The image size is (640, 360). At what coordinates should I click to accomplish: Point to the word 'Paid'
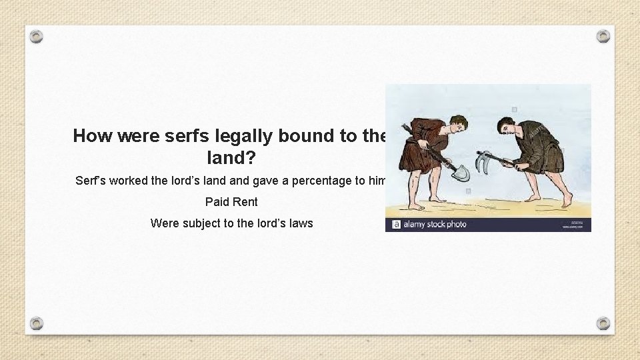(217, 201)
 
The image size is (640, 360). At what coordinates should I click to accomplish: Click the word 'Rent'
(245, 201)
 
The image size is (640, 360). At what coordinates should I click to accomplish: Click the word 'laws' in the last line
(299, 223)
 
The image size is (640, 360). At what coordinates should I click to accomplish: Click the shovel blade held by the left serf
(460, 173)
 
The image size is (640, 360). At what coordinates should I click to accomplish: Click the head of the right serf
(505, 125)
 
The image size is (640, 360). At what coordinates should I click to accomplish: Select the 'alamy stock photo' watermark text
(435, 225)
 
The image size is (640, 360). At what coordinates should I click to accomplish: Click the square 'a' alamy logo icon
(396, 225)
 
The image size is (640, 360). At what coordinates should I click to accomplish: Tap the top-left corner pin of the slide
(37, 37)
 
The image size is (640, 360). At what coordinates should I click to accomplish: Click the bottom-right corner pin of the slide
(603, 323)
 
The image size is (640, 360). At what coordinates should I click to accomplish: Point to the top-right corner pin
(603, 37)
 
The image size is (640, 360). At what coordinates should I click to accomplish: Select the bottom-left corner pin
(37, 323)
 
